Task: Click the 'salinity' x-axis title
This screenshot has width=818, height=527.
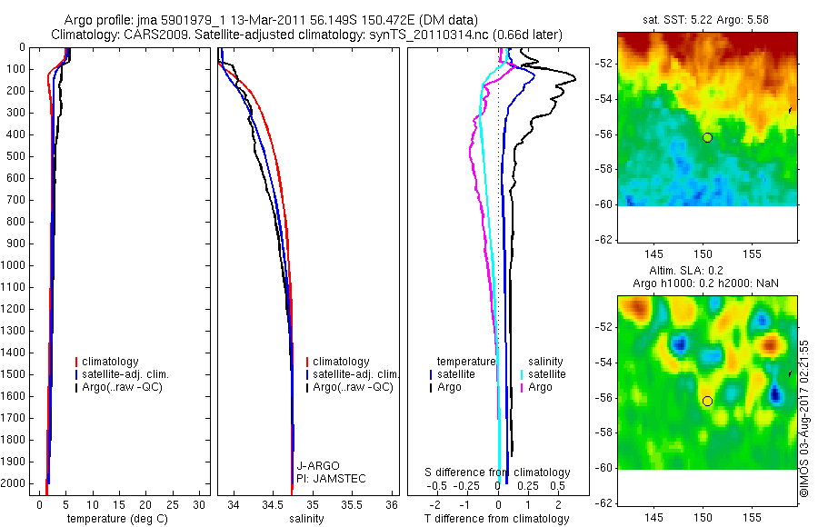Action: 305,519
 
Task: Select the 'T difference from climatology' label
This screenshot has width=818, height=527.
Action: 496,519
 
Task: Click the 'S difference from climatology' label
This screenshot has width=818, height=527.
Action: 498,472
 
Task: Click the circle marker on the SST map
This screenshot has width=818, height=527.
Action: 707,137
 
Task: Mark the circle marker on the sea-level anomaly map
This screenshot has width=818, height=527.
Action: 707,401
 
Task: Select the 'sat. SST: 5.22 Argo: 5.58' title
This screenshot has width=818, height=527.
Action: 707,17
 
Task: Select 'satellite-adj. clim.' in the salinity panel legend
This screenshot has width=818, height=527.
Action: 355,374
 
